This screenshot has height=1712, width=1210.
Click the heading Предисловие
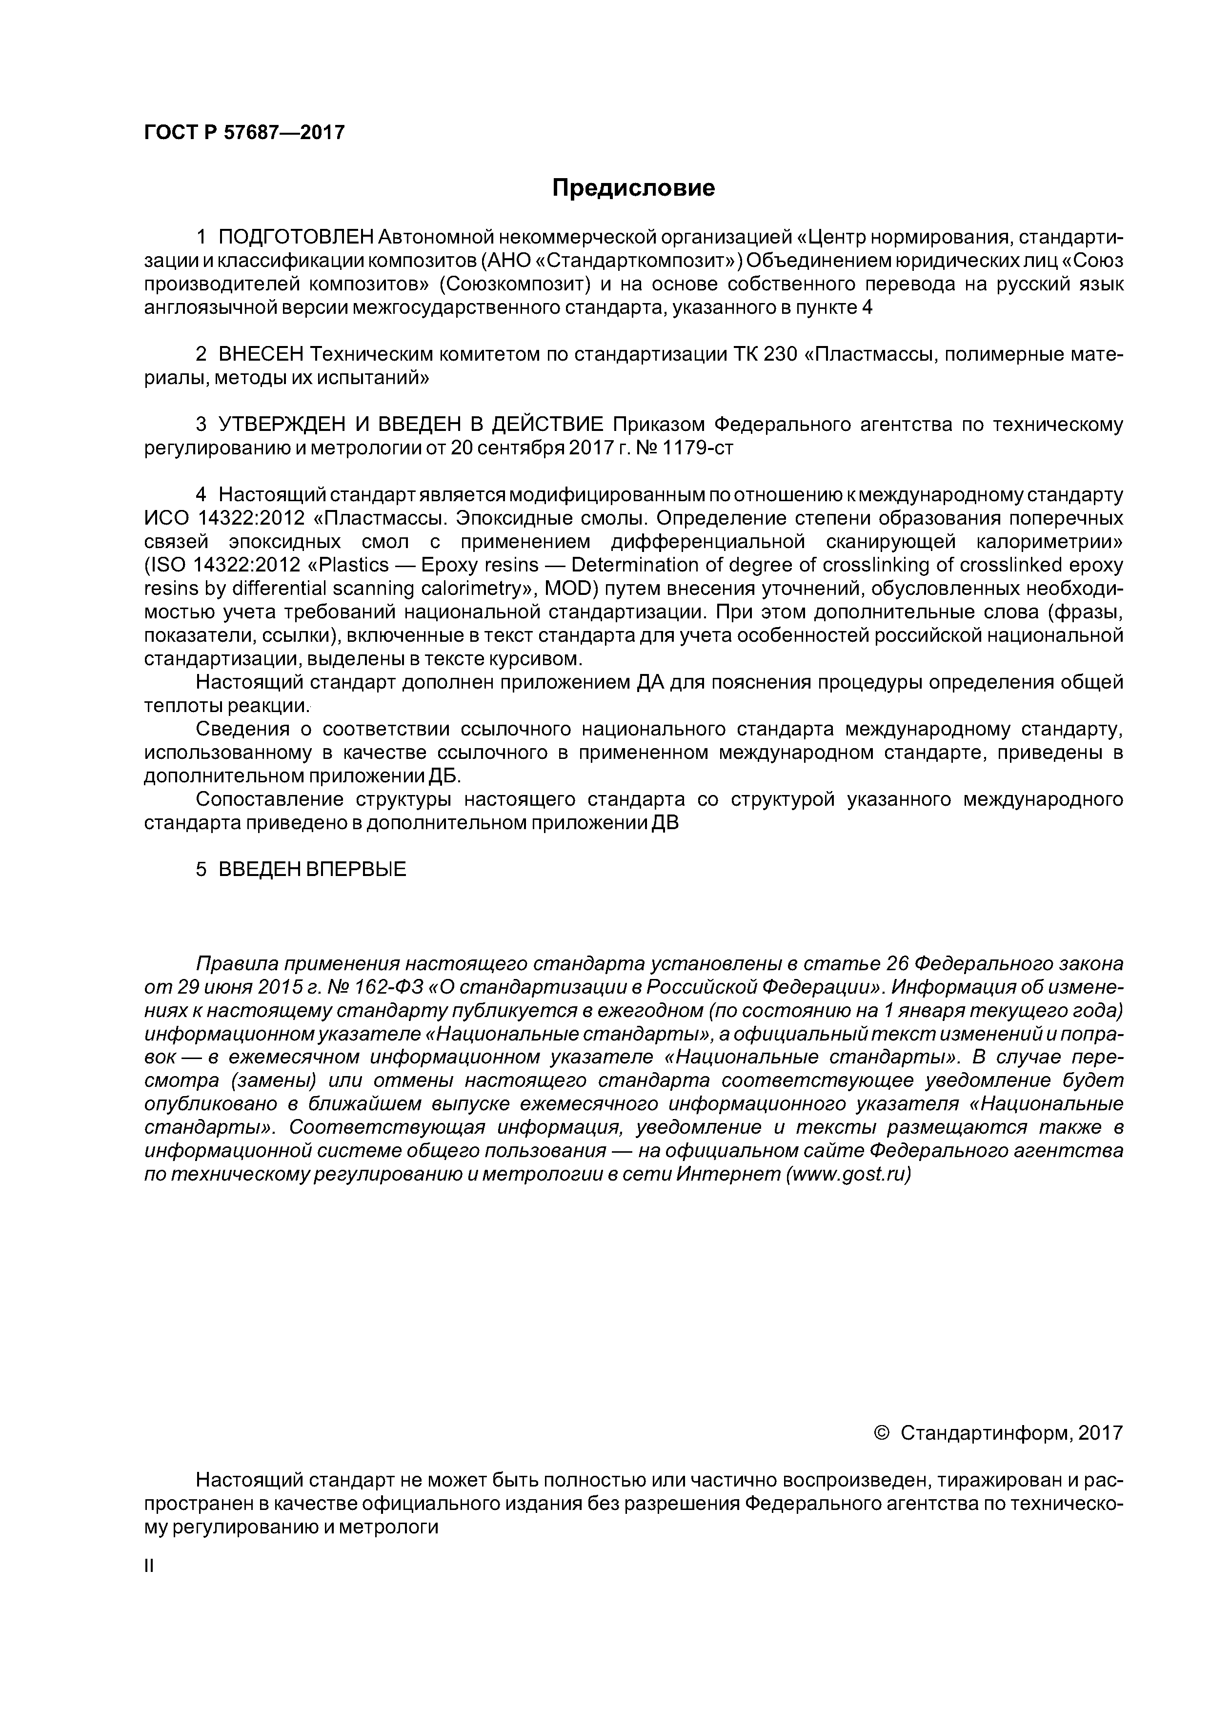633,188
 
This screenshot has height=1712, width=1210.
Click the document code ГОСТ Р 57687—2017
244,133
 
